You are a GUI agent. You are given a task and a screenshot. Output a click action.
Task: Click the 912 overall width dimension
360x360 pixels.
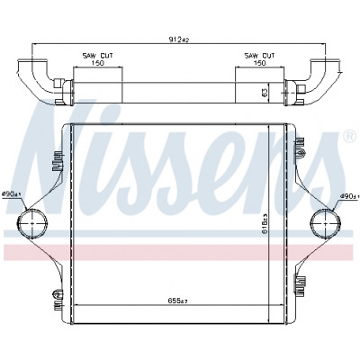[x=179, y=40]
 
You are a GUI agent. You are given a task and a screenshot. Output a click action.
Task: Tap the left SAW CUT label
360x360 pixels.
[x=98, y=56]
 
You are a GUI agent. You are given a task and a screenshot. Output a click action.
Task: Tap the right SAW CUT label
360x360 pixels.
[x=260, y=56]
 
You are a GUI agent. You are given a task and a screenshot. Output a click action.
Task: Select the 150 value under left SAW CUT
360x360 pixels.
[x=98, y=63]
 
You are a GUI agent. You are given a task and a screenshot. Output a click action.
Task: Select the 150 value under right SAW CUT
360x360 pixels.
[x=260, y=63]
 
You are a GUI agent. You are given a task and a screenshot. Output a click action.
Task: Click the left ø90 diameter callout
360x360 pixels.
[x=12, y=194]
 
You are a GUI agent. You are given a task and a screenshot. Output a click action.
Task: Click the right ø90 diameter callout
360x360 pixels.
[x=349, y=196]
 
